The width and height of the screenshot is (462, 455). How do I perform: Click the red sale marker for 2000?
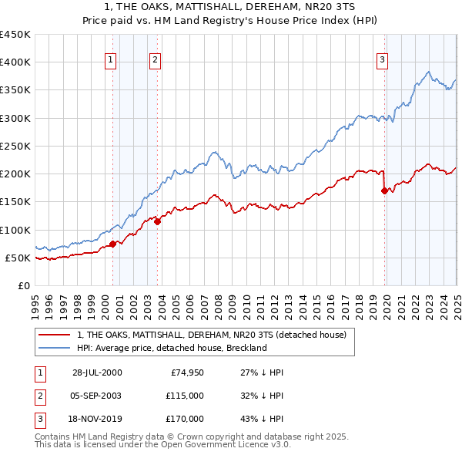[x=113, y=244]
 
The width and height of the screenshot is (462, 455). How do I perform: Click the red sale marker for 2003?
[x=157, y=221]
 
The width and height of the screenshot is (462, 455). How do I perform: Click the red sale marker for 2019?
[x=384, y=190]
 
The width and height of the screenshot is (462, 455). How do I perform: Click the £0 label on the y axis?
[x=23, y=285]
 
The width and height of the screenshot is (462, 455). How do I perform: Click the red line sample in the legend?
[x=55, y=335]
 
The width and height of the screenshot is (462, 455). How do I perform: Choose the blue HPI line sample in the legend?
[x=55, y=348]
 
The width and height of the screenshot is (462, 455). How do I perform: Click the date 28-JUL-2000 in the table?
[x=95, y=372]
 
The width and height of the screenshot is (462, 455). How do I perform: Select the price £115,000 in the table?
[x=186, y=396]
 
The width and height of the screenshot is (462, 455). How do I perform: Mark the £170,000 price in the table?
[x=186, y=419]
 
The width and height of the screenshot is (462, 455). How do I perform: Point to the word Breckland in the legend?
[x=247, y=348]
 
